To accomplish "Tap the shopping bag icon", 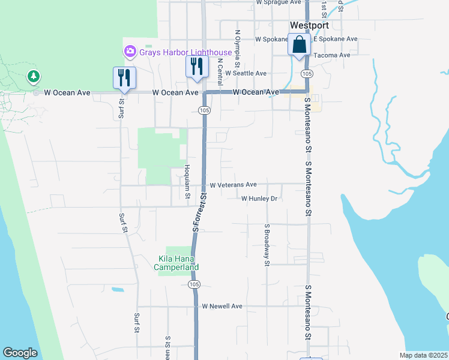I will click(299, 45).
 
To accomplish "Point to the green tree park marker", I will click(34, 77).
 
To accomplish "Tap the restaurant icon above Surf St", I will click(124, 78).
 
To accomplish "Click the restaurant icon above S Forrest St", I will click(196, 67).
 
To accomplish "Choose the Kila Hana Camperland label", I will click(177, 263).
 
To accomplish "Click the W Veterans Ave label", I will click(233, 185).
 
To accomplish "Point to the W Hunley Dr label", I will click(259, 199).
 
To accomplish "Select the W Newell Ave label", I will click(222, 306).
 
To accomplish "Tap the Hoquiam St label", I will click(187, 182).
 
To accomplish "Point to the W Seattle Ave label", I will click(246, 73).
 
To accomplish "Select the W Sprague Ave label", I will click(278, 2).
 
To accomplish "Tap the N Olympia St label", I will click(238, 49).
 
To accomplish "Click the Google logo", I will click(20, 353).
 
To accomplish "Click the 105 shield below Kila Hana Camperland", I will click(193, 283).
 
